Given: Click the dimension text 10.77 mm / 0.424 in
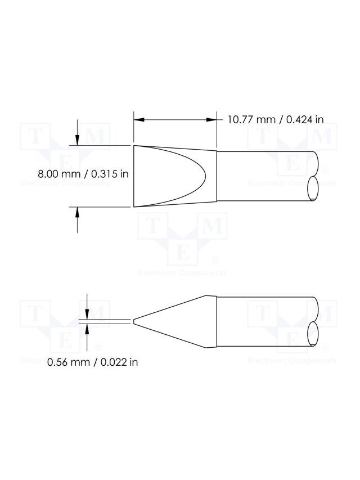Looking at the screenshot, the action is pyautogui.click(x=276, y=119).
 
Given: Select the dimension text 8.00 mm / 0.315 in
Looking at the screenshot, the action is pyautogui.click(x=83, y=174).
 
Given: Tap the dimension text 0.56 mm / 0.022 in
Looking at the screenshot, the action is pyautogui.click(x=92, y=362).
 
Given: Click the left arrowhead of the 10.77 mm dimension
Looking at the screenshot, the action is pyautogui.click(x=139, y=120).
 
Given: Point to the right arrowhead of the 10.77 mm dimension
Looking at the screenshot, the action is pyautogui.click(x=211, y=120).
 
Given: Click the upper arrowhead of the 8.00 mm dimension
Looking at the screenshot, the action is pyautogui.click(x=77, y=140).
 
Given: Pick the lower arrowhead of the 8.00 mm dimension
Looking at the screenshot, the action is pyautogui.click(x=77, y=212).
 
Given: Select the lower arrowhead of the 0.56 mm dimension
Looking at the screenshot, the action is pyautogui.click(x=87, y=329).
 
